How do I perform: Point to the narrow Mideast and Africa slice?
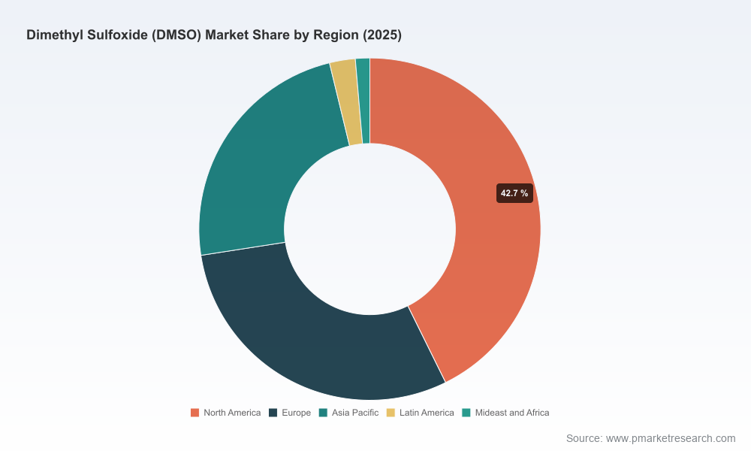364,101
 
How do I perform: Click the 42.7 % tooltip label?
514,193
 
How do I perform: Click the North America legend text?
232,413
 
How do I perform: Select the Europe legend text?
296,413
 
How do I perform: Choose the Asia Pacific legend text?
355,413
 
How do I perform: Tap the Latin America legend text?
427,413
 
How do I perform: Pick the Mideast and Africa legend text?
512,413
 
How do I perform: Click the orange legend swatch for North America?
195,413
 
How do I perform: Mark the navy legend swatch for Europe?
273,413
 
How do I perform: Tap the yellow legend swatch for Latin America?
391,413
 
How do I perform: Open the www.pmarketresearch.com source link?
671,438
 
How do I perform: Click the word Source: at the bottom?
584,438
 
